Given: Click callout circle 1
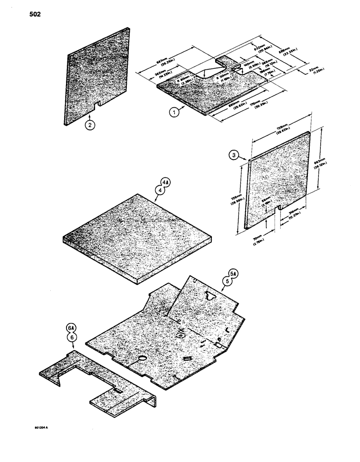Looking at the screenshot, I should [x=174, y=111].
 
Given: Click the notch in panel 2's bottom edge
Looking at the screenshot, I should [x=97, y=107].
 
